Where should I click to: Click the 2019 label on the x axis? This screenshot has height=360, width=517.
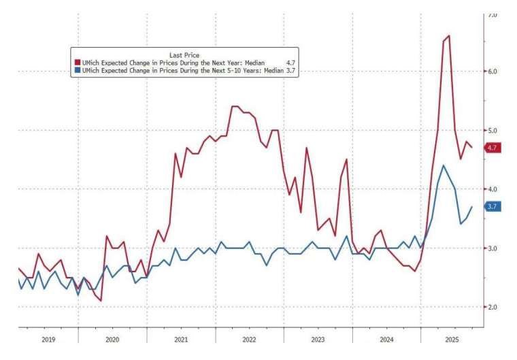click(x=48, y=338)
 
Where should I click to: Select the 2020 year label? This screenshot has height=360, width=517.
click(x=112, y=338)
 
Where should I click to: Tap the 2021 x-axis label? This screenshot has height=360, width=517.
click(x=181, y=338)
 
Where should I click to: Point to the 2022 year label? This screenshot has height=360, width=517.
click(x=249, y=338)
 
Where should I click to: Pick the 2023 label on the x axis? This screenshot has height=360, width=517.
click(x=318, y=338)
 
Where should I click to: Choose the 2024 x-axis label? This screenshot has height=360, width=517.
click(x=386, y=338)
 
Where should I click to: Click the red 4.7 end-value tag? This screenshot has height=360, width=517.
click(x=492, y=147)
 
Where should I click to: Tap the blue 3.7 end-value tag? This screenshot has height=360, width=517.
click(x=492, y=206)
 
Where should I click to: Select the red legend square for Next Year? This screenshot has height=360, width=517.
click(x=77, y=63)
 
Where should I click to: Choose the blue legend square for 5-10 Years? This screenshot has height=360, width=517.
click(x=77, y=70)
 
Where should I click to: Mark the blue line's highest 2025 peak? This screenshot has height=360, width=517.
click(x=444, y=165)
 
